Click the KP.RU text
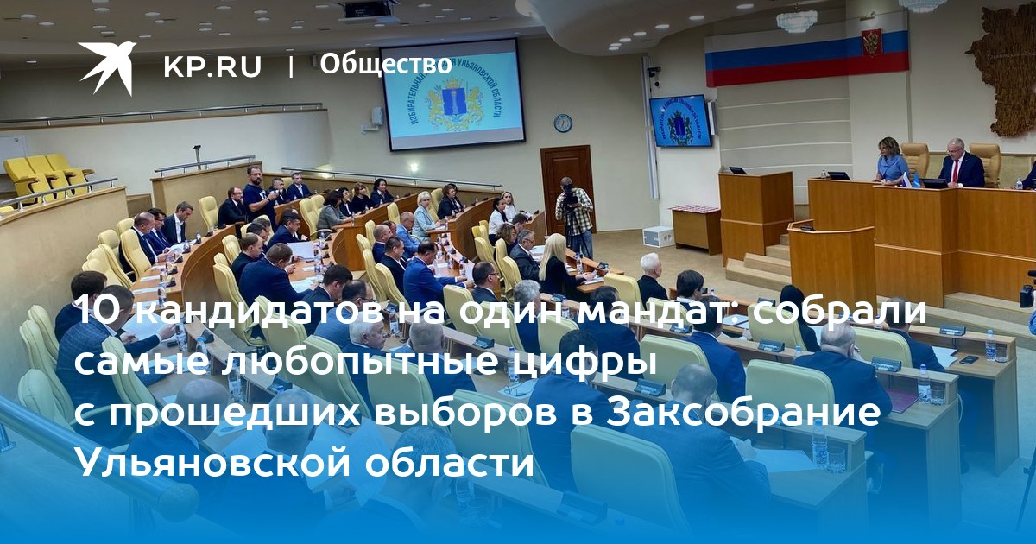point(212,66)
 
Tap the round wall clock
point(563,123)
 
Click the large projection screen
point(452,94)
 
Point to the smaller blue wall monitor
point(680,121)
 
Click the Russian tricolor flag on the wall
point(806,58)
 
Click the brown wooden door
point(567,184)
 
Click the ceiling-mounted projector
point(369,9)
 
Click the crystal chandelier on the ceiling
point(796,21)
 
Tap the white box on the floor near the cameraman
point(658,237)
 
